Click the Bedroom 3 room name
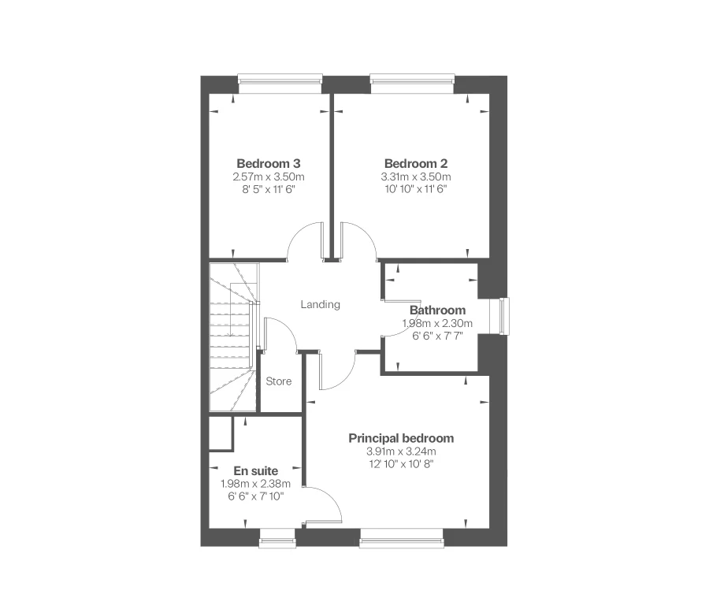pos(269,163)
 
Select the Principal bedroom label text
pos(401,438)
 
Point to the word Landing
pos(321,304)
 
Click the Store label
pos(278,381)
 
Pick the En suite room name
pos(255,471)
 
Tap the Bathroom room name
pos(437,310)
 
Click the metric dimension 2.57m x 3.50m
pos(269,177)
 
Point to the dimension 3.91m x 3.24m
pos(401,452)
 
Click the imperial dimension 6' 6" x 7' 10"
pos(255,496)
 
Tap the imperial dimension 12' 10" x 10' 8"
pos(401,464)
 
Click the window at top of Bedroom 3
pos(280,80)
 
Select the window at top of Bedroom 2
pos(413,80)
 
